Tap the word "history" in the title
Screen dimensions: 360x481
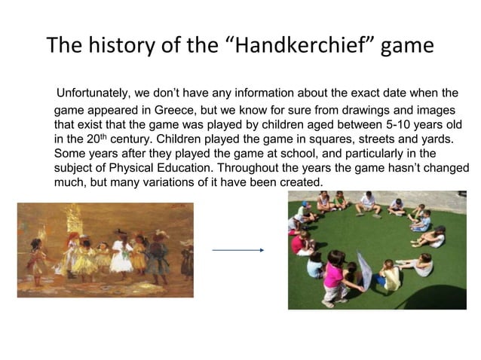[121, 45]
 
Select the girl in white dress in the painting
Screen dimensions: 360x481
[119, 256]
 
